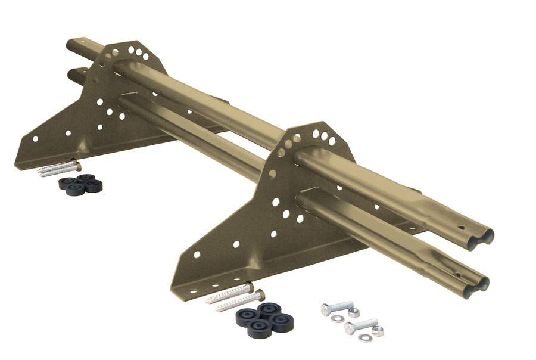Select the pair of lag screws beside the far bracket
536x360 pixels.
58,167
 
